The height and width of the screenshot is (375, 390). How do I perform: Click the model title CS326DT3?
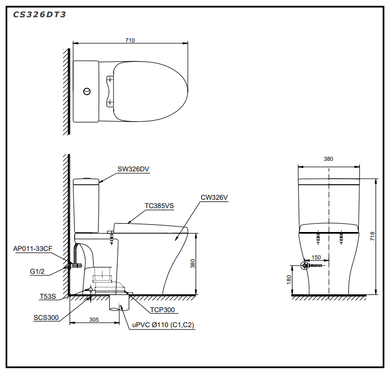coord(40,14)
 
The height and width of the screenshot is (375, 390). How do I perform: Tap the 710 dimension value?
coord(130,40)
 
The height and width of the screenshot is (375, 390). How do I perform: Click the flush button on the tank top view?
coord(87,92)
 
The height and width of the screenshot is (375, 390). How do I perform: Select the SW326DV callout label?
coord(133,169)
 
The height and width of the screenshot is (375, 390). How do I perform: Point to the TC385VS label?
coord(159,206)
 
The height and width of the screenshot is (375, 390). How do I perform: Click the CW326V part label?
coord(214,197)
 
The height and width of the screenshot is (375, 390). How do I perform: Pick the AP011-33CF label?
coord(33,249)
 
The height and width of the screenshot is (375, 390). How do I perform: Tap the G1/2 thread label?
coord(37,271)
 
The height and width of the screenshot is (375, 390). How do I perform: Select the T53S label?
coord(48,297)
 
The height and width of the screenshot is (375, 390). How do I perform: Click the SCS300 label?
coord(46,317)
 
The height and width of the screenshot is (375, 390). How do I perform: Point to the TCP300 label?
coord(163,310)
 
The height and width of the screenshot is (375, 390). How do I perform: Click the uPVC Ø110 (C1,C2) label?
coord(163,325)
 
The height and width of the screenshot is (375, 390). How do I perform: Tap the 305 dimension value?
coord(94,319)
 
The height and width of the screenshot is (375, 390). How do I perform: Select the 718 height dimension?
coord(372,236)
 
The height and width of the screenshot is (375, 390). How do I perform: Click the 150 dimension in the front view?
coord(316,257)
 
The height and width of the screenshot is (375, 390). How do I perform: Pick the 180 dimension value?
coord(289,280)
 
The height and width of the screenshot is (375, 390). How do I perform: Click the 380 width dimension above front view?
coord(328,159)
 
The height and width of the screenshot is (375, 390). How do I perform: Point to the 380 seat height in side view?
coord(193,264)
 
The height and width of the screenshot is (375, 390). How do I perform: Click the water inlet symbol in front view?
coord(305,265)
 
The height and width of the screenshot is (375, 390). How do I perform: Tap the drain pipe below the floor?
coord(120,303)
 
